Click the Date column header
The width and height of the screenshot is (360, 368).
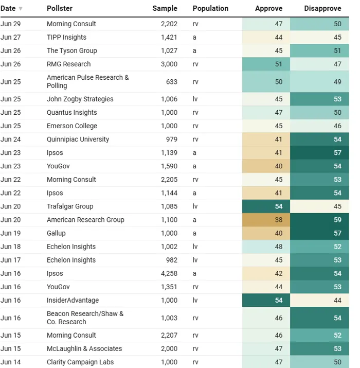8,8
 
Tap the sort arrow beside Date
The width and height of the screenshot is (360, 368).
21,9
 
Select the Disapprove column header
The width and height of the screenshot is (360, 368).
322,8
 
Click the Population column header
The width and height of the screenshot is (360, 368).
210,8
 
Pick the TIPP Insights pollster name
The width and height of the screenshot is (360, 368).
67,38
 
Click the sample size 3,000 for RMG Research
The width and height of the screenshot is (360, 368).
169,64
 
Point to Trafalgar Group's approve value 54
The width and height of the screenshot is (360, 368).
279,206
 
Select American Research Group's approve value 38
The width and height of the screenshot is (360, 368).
279,220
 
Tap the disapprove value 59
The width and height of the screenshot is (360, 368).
337,220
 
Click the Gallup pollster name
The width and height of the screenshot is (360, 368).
56,233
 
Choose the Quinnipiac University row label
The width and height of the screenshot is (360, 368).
78,139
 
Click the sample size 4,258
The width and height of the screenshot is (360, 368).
169,274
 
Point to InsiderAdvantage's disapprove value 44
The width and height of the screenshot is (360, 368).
337,301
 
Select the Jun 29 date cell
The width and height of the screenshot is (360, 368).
11,24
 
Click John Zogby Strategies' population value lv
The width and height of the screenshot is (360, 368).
195,99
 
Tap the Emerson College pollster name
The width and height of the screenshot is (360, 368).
72,126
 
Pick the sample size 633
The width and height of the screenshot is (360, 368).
172,82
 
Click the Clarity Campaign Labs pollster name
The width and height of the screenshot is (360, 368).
80,362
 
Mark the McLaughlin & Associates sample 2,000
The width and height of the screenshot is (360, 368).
169,349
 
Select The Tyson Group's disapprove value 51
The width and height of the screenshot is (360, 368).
337,50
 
